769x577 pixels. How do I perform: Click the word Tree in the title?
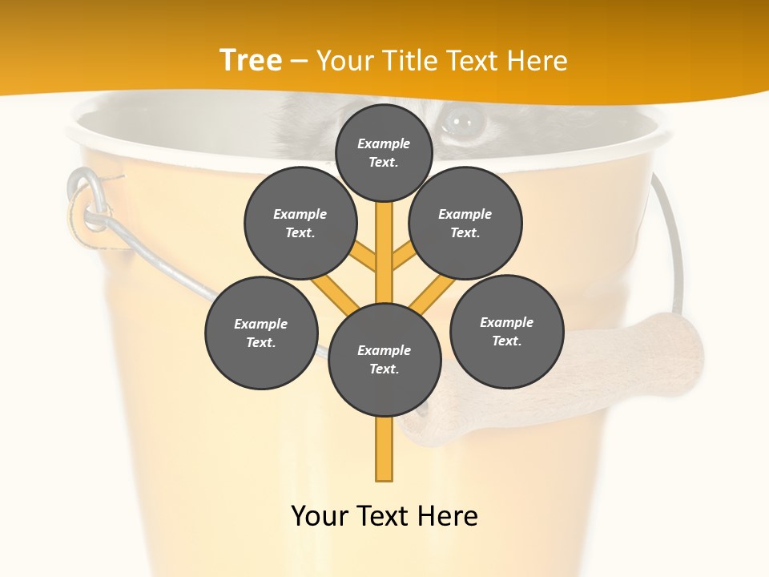click(251, 60)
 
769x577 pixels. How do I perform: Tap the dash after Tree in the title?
click(300, 62)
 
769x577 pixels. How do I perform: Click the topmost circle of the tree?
click(384, 152)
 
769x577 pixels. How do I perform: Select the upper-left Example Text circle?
click(300, 223)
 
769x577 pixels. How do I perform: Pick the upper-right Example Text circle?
click(465, 223)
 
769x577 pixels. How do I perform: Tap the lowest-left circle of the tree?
click(261, 333)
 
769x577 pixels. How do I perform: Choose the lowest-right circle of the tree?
click(506, 331)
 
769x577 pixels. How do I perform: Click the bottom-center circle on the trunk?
click(384, 359)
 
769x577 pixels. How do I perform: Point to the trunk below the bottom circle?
click(384, 449)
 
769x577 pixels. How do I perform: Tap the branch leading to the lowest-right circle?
click(433, 294)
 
